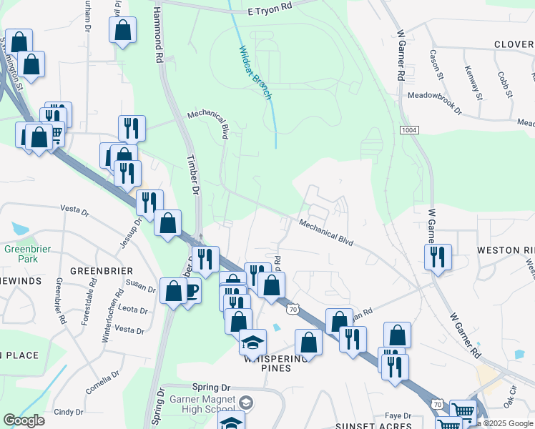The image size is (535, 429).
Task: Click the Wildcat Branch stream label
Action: coord(255,72)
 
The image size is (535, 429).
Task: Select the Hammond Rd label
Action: coord(159,34)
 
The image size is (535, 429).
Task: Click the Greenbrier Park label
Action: coord(21,254)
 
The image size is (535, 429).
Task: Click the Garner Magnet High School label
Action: coord(202,403)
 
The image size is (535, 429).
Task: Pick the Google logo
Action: coord(24,420)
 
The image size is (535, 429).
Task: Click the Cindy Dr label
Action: coord(69,412)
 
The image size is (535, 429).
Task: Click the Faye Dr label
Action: coord(398,415)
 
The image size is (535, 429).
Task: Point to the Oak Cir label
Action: coord(511,403)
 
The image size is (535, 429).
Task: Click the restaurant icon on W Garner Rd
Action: coord(438,256)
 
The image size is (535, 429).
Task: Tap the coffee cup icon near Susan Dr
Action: coord(191,291)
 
